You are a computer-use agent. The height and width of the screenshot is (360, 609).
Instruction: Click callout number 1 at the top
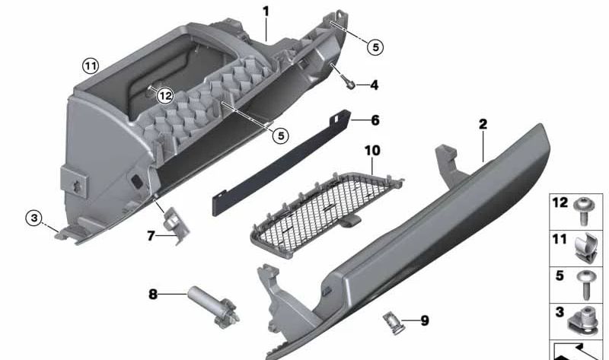coord(266,11)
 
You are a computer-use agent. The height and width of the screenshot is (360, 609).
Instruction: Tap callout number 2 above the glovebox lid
coord(483,123)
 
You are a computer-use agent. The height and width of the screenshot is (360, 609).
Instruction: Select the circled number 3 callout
coord(33,218)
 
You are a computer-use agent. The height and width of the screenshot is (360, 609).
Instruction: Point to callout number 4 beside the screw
coord(374,85)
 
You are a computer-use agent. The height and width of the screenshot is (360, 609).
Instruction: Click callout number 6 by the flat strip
coord(375,120)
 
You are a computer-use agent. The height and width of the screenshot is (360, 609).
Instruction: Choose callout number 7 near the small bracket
coord(151,237)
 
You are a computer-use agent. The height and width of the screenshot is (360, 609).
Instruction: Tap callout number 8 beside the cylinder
coord(153,293)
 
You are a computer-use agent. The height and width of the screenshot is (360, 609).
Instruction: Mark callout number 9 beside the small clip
coord(424,321)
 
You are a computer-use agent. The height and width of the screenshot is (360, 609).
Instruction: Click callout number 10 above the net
coord(371,151)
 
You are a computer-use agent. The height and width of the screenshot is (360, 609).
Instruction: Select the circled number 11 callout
coord(91,66)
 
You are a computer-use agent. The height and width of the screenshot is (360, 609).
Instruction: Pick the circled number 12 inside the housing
coord(165,96)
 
